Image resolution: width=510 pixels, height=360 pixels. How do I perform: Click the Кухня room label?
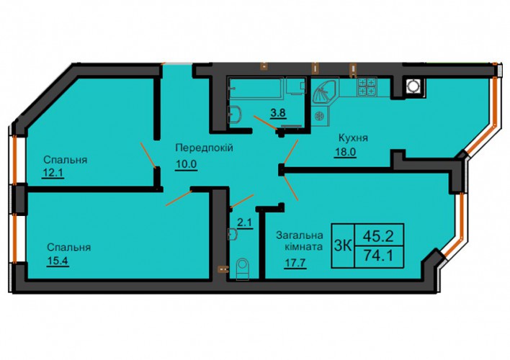[x=353, y=138]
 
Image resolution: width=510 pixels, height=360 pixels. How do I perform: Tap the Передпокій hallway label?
[x=205, y=148]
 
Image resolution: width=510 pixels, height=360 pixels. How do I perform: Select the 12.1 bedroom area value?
[x=53, y=173]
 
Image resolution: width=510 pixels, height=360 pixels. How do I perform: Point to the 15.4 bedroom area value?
[x=58, y=261]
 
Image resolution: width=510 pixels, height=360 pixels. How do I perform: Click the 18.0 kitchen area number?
[x=345, y=152]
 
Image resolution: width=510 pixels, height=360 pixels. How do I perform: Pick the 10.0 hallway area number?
[x=187, y=164]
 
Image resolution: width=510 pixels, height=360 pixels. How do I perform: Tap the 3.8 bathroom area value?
[x=278, y=113]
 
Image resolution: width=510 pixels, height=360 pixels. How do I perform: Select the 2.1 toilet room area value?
[x=245, y=223]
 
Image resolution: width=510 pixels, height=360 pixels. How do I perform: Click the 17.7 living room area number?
[x=295, y=262]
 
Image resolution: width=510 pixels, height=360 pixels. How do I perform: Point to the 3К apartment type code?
[x=343, y=246]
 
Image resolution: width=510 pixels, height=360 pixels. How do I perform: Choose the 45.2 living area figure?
[x=379, y=235]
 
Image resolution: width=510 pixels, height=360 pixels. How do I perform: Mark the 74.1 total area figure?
[x=379, y=256]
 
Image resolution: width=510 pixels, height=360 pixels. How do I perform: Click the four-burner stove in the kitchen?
[x=367, y=87]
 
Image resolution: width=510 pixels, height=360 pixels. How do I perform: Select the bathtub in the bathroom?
[x=256, y=88]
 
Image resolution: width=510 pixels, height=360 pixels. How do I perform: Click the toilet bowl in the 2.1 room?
[x=242, y=269]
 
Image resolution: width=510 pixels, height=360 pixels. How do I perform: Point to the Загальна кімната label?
[x=300, y=241]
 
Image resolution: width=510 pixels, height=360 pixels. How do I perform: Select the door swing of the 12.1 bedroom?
[x=148, y=155]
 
